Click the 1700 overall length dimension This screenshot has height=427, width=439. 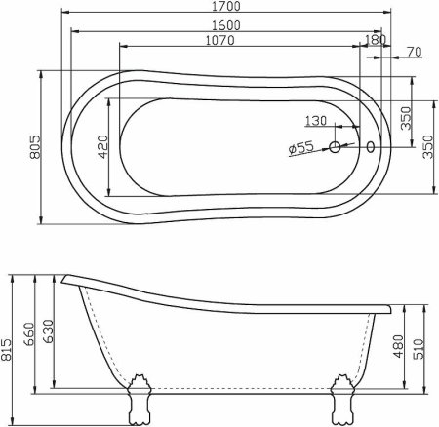pyautogui.click(x=230, y=7)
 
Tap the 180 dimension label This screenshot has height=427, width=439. pyautogui.click(x=374, y=40)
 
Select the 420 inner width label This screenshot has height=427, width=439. pyautogui.click(x=100, y=146)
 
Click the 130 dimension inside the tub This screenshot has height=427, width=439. pyautogui.click(x=316, y=122)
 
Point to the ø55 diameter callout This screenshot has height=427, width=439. pyautogui.click(x=300, y=148)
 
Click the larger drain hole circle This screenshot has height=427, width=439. pyautogui.click(x=335, y=148)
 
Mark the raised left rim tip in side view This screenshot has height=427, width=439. pyautogui.click(x=64, y=279)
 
